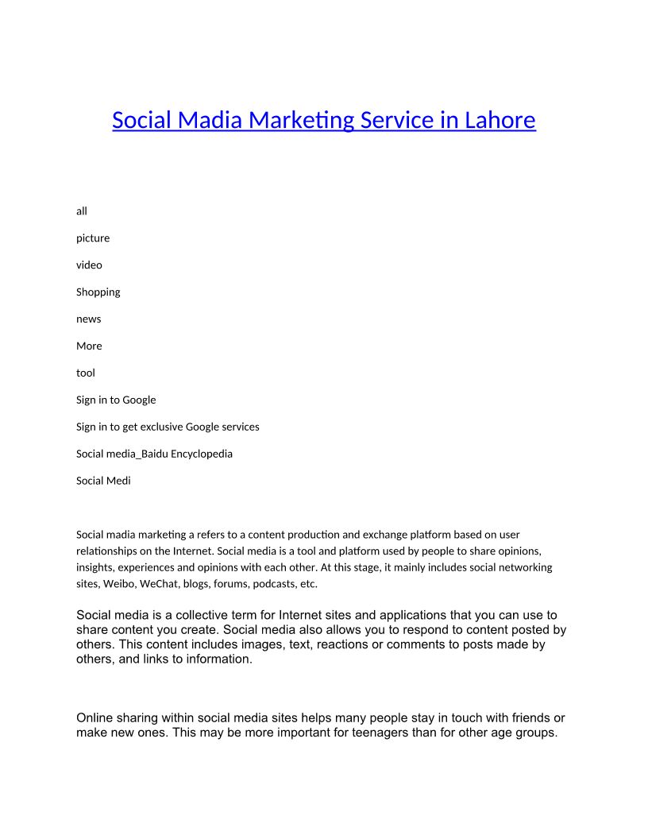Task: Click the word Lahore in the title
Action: (499, 120)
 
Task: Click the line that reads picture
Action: (93, 238)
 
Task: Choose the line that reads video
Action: (89, 265)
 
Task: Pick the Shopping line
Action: (98, 292)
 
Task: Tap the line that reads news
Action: (89, 319)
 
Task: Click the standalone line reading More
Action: (89, 346)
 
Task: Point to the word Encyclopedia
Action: (202, 454)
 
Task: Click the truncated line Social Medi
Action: (103, 481)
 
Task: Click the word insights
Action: (95, 567)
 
